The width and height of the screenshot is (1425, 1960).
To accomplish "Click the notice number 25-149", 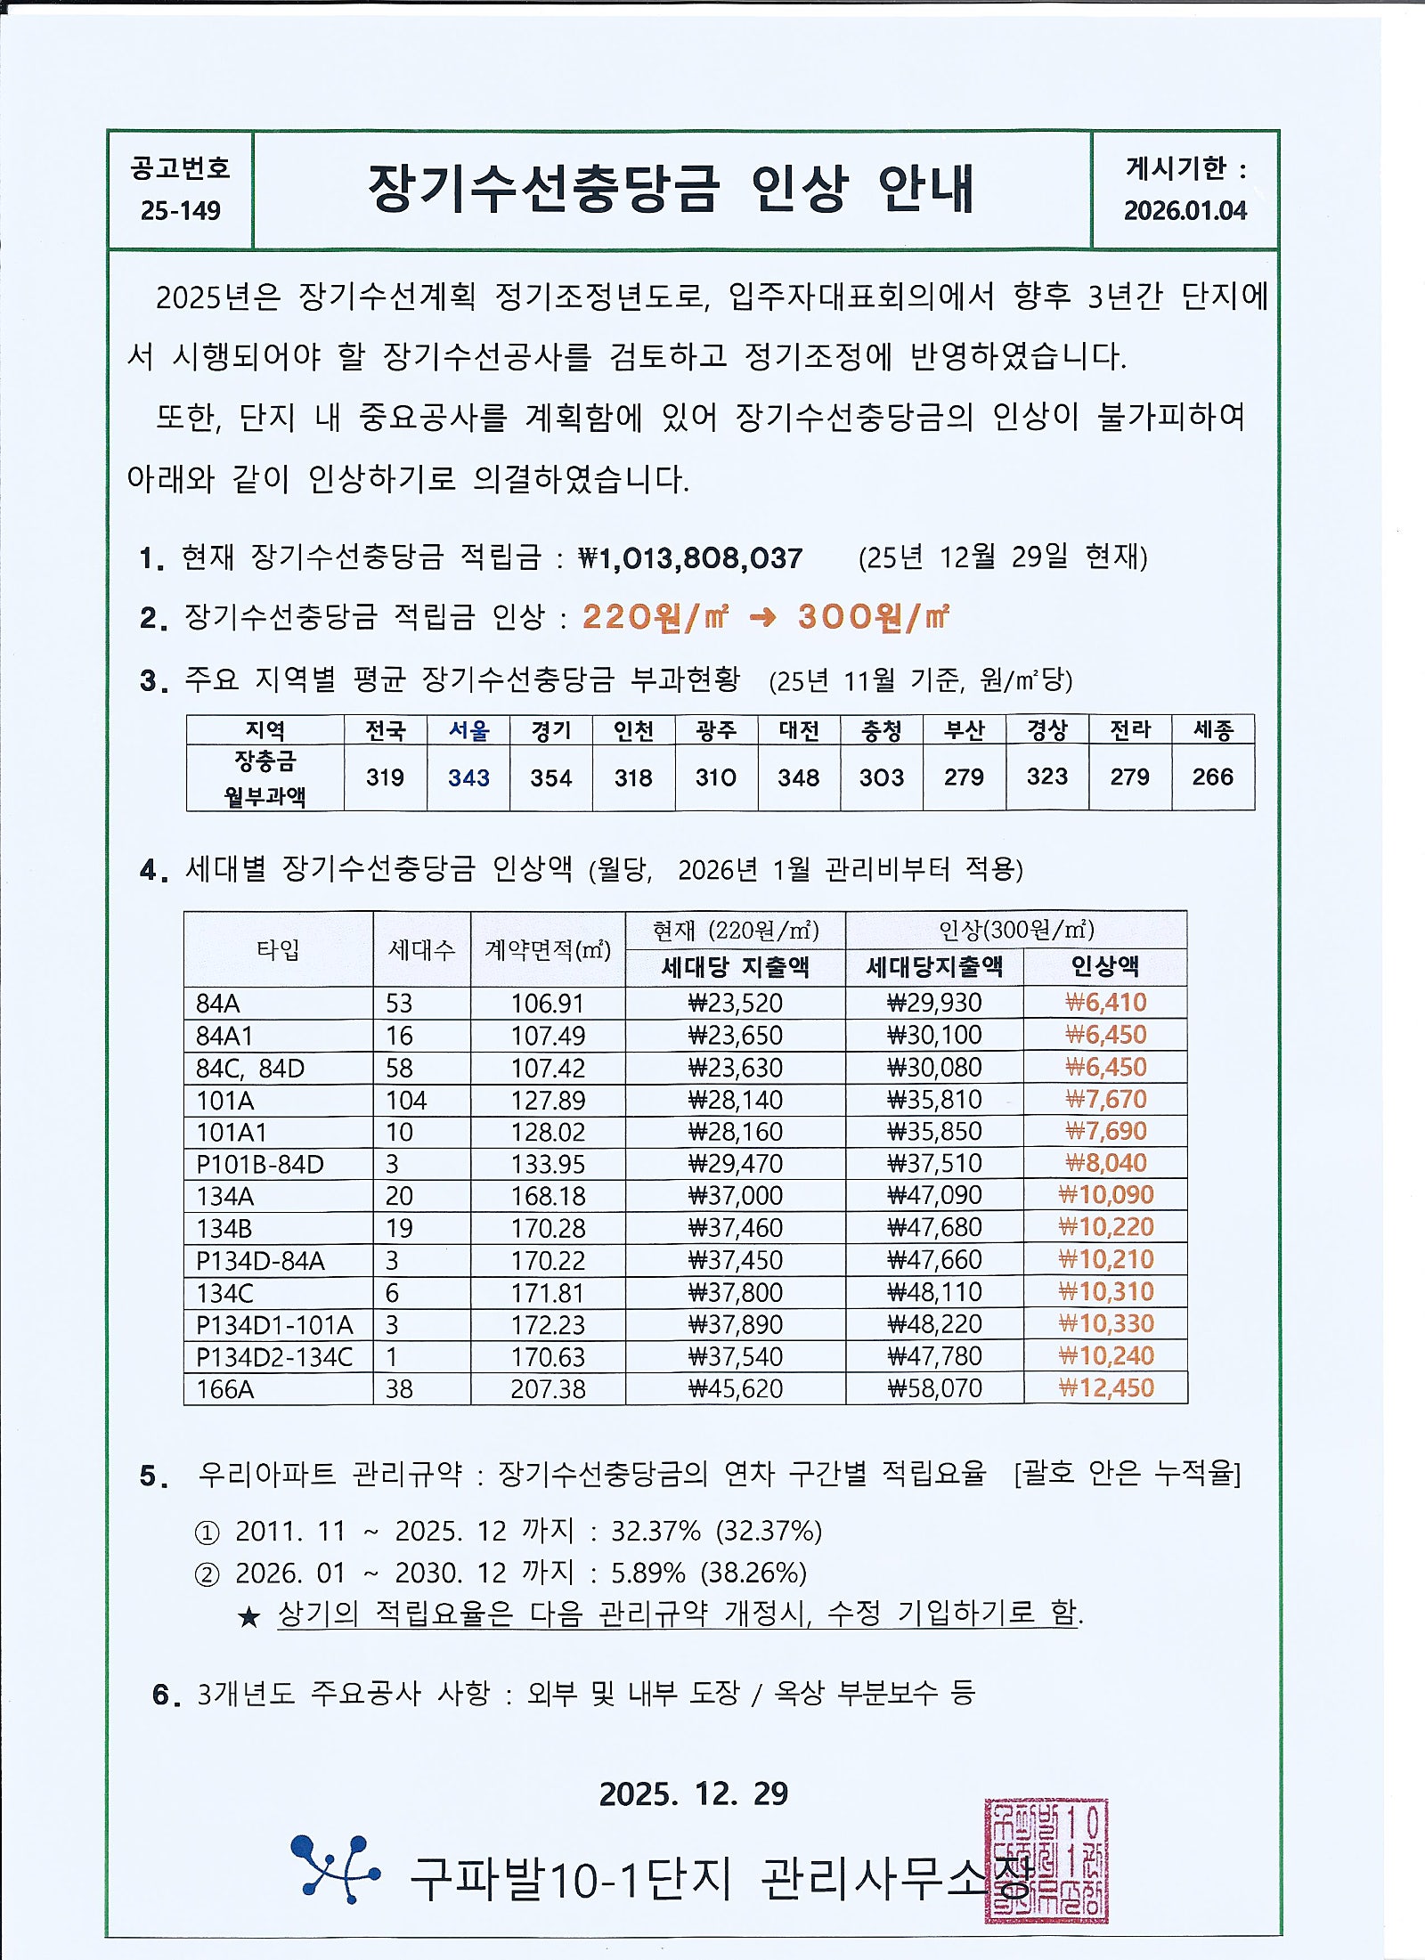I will (x=180, y=210).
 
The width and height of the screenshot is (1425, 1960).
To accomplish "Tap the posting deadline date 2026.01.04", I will (x=1185, y=210).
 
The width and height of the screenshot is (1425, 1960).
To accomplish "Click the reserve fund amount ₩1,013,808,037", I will (x=690, y=558).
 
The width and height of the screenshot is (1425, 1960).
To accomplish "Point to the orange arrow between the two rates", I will (x=762, y=616).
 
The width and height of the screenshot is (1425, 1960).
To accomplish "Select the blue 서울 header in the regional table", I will (x=468, y=730).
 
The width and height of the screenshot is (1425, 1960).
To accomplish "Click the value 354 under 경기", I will (x=550, y=777).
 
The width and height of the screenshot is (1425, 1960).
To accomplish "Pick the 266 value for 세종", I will (x=1212, y=777).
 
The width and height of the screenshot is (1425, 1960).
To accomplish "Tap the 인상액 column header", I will (x=1104, y=966).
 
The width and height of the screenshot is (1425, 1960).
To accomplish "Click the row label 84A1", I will (x=224, y=1036).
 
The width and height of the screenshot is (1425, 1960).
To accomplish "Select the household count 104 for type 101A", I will (x=406, y=1100).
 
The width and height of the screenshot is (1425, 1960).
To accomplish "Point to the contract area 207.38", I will (x=548, y=1388).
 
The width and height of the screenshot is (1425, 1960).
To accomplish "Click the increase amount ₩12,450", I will (x=1105, y=1387).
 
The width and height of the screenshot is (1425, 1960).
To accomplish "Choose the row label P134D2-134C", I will (x=274, y=1356).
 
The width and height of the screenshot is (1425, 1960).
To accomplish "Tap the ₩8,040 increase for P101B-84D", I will (x=1105, y=1163).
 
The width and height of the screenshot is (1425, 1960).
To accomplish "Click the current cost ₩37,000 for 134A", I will (x=735, y=1195).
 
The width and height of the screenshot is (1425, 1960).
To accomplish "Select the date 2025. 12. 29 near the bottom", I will (x=693, y=1793).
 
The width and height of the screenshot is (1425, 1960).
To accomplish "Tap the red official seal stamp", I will (x=1046, y=1860).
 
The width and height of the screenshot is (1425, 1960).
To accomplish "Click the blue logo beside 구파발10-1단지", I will (x=336, y=1867).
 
